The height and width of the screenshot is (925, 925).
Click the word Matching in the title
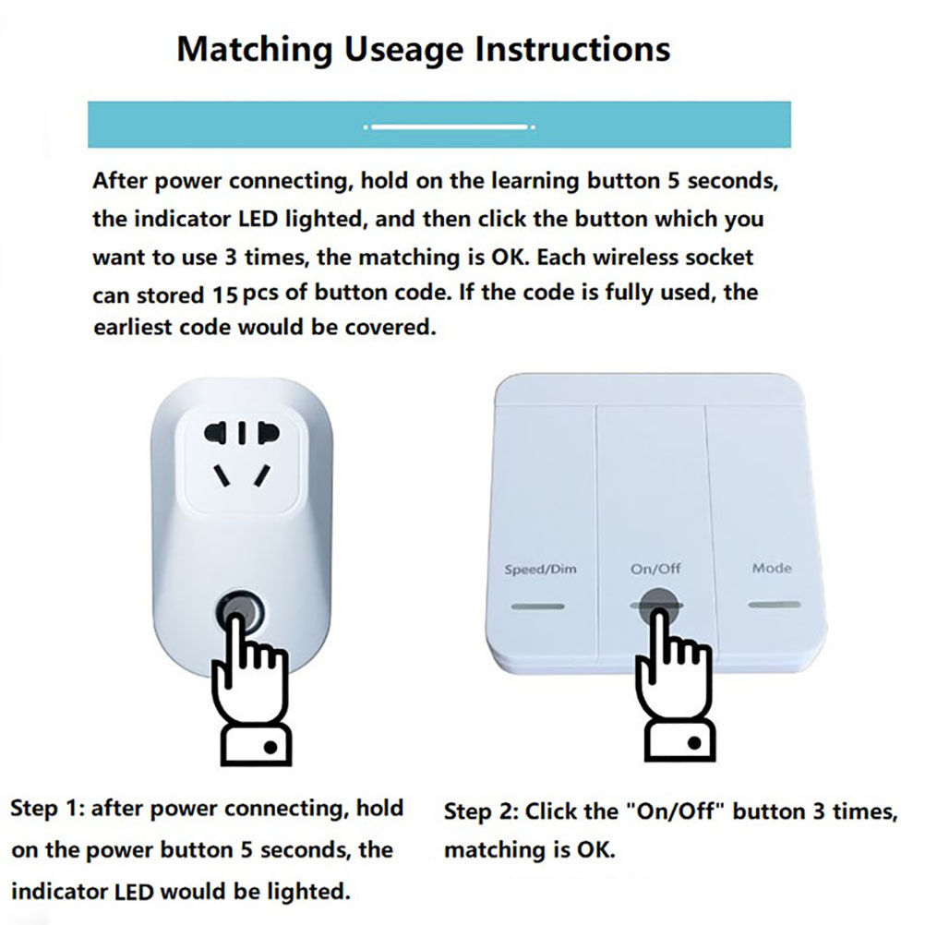pos(255,50)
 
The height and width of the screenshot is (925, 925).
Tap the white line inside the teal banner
pos(450,126)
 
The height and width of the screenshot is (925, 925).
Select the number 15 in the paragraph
pos(224,294)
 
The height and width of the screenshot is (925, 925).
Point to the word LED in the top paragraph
pos(258,220)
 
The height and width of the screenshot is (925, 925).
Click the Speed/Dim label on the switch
pos(540,570)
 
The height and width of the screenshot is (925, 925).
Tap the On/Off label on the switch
pos(655,569)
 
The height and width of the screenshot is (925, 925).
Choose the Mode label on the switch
pos(772,568)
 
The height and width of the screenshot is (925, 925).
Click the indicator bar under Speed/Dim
pos(537,606)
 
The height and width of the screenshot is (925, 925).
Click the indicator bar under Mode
pos(775,605)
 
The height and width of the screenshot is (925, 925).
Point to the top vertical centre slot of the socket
pos(241,432)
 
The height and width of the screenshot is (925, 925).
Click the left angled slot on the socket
pos(221,475)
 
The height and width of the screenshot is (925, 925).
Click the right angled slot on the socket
pos(262,475)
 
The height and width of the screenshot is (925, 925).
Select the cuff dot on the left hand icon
pos(270,748)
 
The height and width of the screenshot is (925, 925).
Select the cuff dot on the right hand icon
pos(694,742)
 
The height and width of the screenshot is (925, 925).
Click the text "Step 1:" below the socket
pos(47,809)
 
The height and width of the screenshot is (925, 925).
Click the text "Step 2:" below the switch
pos(481,812)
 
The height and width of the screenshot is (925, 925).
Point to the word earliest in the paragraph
pos(133,328)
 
